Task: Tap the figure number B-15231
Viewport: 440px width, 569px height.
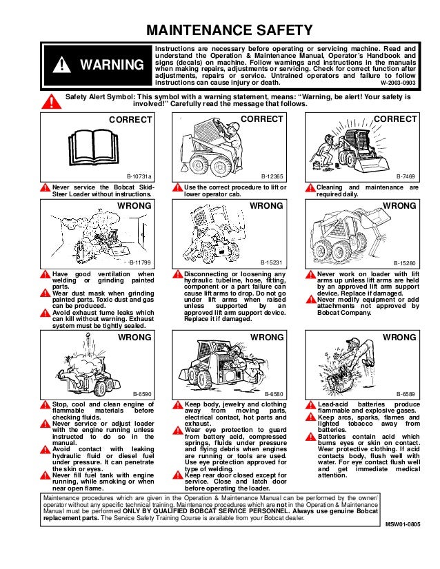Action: (x=272, y=263)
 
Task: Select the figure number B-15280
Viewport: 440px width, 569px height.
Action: (x=404, y=263)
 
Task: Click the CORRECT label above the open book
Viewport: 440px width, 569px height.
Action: (x=131, y=119)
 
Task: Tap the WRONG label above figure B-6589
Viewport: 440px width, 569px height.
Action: (x=399, y=338)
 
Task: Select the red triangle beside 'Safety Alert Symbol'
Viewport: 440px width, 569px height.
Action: (x=49, y=102)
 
